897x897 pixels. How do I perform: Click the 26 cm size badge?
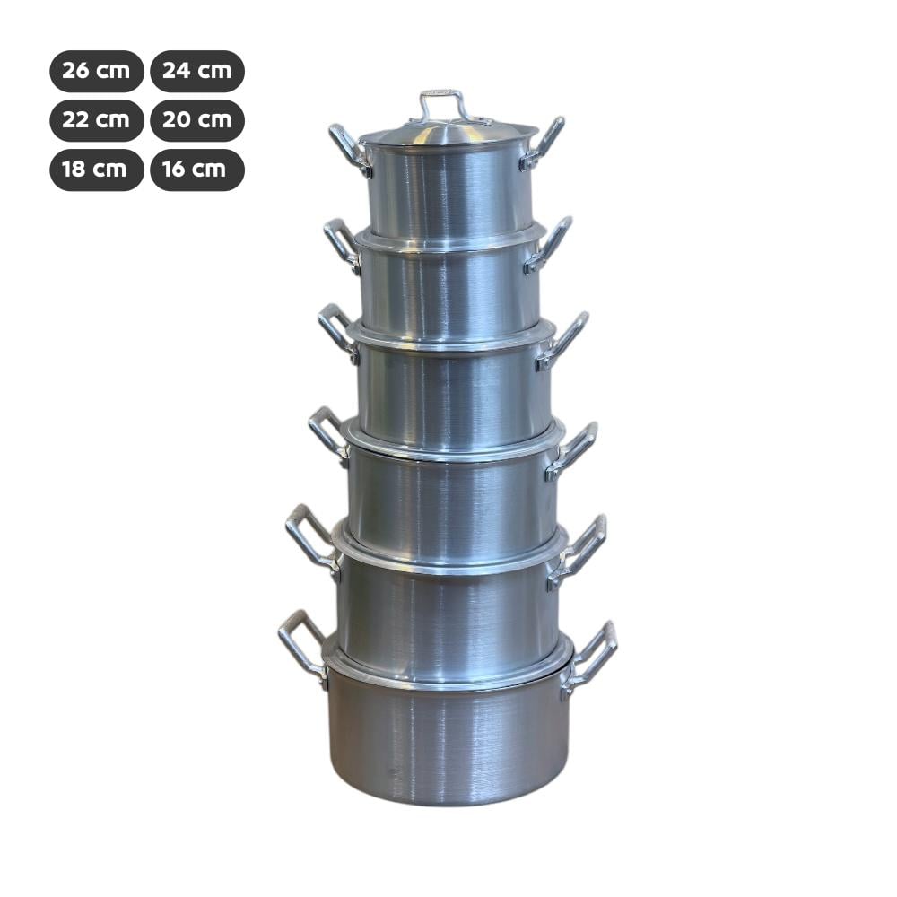click(97, 71)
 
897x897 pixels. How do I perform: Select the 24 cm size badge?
click(197, 71)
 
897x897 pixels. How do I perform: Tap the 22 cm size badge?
click(97, 120)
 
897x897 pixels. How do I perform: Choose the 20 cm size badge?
click(197, 120)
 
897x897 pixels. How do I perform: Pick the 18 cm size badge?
click(97, 170)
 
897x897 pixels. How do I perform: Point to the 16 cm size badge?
click(197, 170)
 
